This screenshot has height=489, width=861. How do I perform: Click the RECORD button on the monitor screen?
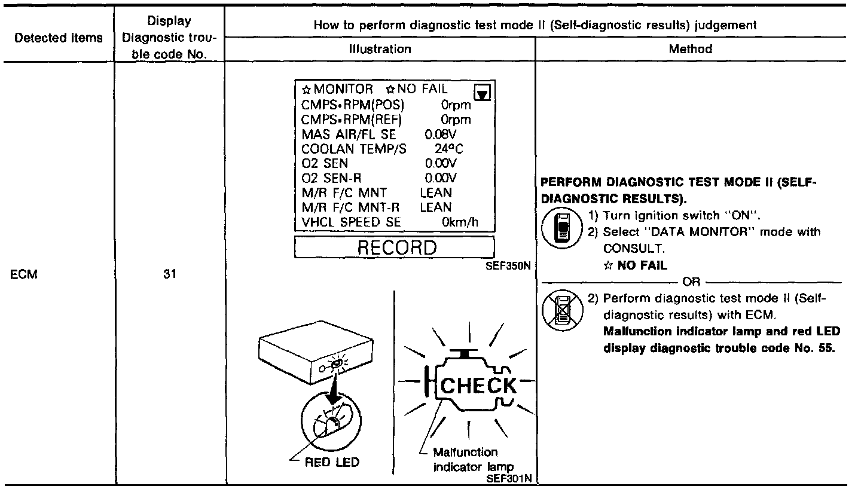click(395, 247)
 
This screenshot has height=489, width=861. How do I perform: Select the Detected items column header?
click(59, 38)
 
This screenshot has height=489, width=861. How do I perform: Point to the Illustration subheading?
click(380, 49)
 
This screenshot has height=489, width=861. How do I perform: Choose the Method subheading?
click(691, 49)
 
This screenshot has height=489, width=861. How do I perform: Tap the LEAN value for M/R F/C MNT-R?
click(436, 207)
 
